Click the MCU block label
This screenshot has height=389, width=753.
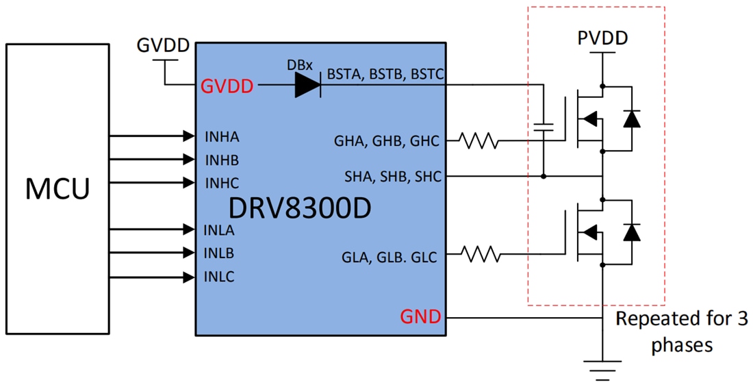[57, 189]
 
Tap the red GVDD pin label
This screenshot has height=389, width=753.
[227, 86]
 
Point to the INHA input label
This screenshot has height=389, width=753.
[222, 137]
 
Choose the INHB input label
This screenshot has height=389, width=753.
[222, 160]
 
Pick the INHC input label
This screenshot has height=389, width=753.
[222, 184]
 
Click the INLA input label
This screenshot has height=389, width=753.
[220, 230]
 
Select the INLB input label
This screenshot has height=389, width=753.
[220, 253]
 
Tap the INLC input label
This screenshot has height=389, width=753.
[220, 277]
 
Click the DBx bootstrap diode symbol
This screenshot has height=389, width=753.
[307, 86]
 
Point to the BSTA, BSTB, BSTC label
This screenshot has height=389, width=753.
[386, 74]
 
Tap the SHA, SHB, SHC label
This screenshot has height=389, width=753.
[393, 177]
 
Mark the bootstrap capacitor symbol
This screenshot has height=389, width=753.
[543, 127]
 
